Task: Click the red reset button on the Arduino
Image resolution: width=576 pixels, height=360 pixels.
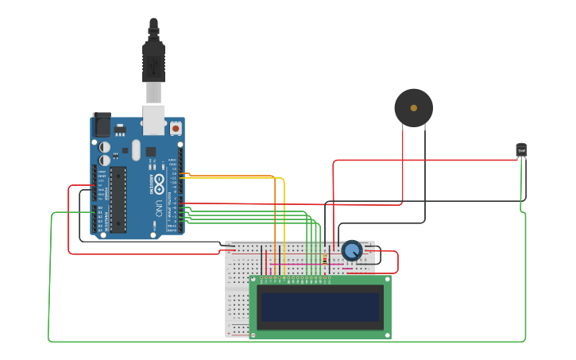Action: (x=176, y=127)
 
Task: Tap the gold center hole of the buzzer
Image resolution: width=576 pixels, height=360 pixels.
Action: (x=414, y=107)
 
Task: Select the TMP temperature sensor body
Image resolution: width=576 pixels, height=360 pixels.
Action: (x=521, y=149)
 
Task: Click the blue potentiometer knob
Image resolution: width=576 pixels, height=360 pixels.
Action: (x=352, y=250)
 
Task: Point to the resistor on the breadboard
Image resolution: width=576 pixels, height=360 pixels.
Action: (x=325, y=259)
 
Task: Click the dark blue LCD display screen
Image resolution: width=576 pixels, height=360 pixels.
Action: (x=320, y=307)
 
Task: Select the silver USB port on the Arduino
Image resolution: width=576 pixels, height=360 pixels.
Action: (x=153, y=119)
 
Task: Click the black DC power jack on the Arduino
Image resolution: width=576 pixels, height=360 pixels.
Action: (x=102, y=125)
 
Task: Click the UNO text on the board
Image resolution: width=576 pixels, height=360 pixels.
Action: (x=158, y=208)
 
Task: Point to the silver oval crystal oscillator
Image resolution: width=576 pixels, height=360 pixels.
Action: (x=136, y=149)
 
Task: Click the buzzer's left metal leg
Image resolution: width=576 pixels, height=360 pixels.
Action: (x=403, y=135)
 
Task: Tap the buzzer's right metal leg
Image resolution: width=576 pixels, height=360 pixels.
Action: (x=425, y=135)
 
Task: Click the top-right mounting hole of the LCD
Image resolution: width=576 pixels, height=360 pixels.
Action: (x=387, y=280)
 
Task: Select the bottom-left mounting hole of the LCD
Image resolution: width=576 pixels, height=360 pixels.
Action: (x=253, y=335)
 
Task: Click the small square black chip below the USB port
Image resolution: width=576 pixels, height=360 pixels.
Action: (x=150, y=151)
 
